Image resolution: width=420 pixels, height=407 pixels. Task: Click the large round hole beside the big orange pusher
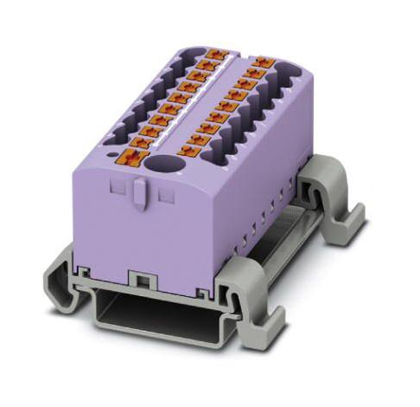tap(161, 162)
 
